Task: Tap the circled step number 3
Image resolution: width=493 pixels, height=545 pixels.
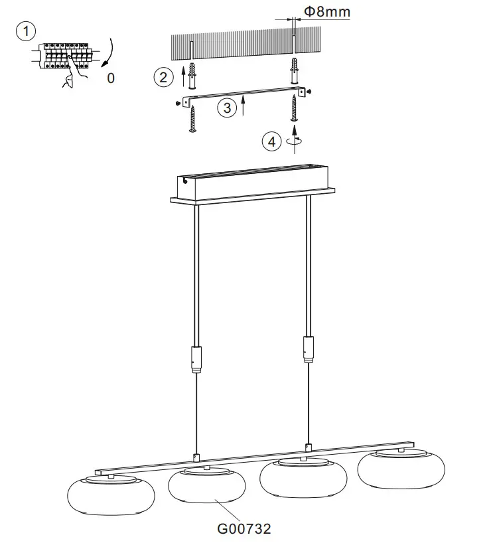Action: (x=228, y=108)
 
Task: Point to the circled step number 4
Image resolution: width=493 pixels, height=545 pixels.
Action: (x=271, y=141)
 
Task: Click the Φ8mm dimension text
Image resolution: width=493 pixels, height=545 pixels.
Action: (x=326, y=11)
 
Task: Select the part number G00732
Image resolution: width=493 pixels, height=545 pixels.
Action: (x=244, y=528)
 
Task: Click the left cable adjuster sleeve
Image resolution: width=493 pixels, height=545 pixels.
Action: (x=196, y=358)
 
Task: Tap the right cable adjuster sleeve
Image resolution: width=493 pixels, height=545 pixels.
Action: (x=308, y=349)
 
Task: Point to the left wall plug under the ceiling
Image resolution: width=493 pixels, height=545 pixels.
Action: (x=191, y=76)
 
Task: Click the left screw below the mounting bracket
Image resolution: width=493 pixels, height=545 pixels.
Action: (x=193, y=118)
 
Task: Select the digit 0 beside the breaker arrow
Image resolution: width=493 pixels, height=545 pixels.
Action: (x=110, y=78)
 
